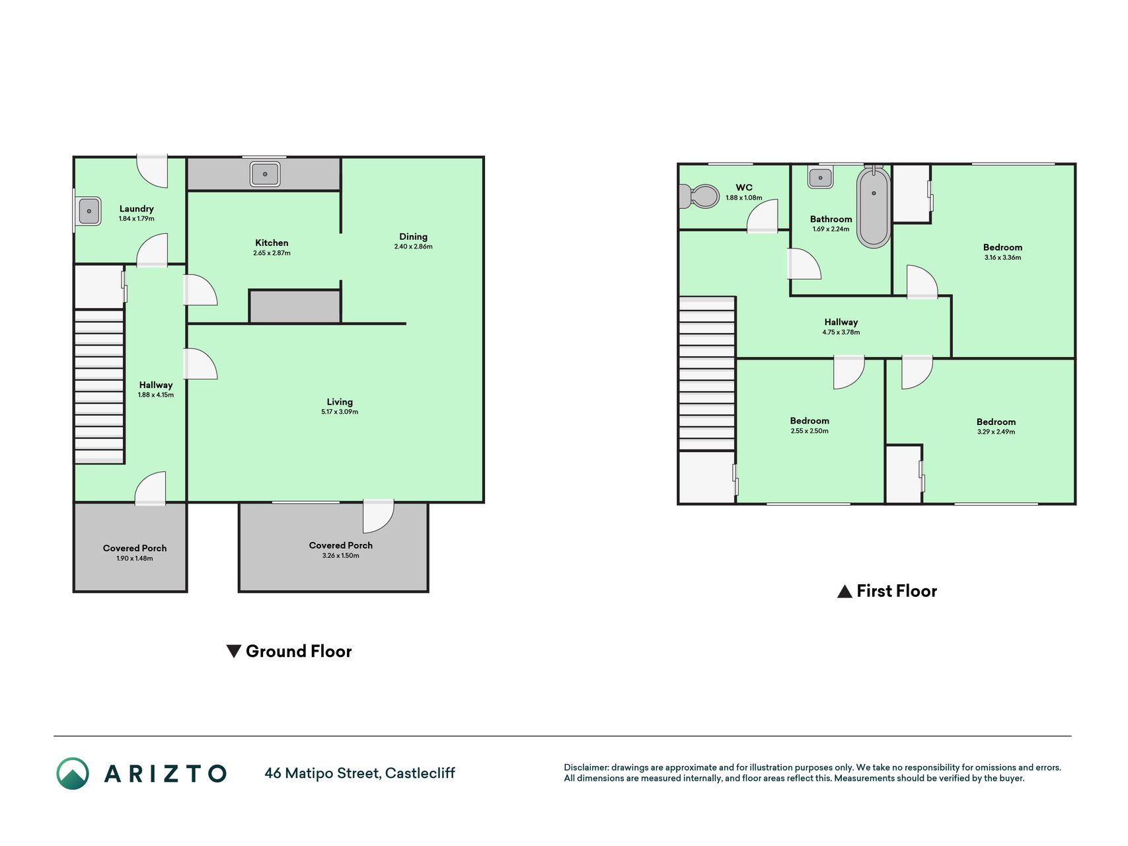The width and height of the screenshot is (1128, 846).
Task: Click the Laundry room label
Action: tap(136, 209)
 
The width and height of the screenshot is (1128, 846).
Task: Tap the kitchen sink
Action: tap(265, 174)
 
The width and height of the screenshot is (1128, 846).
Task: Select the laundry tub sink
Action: tap(89, 211)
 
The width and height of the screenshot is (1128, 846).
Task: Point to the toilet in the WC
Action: tap(699, 196)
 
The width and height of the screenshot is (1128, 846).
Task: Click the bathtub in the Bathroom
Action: tap(874, 208)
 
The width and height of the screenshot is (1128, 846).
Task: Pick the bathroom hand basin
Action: tap(821, 177)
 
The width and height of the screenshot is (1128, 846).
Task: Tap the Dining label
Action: tap(413, 237)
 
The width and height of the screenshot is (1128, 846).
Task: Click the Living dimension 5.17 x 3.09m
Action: tap(340, 412)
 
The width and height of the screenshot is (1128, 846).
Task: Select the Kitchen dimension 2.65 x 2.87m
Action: tap(272, 253)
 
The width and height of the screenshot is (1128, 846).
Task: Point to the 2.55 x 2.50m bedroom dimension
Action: tap(809, 431)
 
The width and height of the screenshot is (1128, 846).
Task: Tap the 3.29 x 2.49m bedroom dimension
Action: tap(996, 432)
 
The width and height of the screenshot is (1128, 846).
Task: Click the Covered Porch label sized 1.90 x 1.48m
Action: tap(135, 549)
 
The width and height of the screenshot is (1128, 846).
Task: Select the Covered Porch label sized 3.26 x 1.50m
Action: tap(341, 546)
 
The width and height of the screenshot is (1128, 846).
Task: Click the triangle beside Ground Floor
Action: tap(233, 652)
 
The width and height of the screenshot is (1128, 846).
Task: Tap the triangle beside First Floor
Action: tap(845, 592)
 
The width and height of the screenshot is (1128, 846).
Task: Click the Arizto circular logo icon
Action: tap(73, 774)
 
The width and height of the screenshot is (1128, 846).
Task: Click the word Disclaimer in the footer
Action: tap(586, 768)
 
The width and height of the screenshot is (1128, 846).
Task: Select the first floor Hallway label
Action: tap(841, 323)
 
